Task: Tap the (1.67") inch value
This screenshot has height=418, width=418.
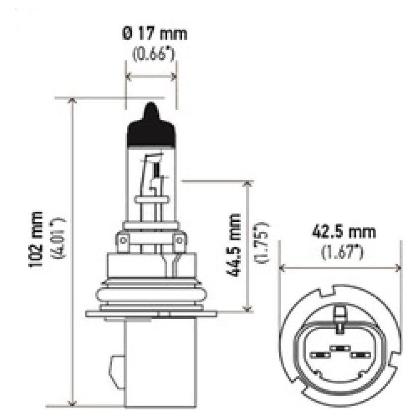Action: (343, 252)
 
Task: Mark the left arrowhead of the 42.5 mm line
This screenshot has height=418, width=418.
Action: (283, 268)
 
